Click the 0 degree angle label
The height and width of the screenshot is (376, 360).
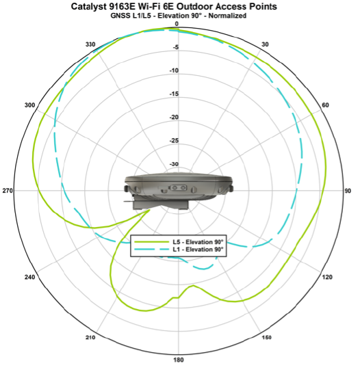(177, 24)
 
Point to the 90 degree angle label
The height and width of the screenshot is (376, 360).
(347, 191)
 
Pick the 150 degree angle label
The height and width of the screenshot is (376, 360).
(266, 338)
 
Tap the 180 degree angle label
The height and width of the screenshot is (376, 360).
(178, 360)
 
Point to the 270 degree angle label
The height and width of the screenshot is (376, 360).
(8, 191)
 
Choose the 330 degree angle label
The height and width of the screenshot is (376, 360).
(90, 44)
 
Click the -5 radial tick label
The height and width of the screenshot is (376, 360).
(177, 48)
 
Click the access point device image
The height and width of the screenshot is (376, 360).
(178, 191)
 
